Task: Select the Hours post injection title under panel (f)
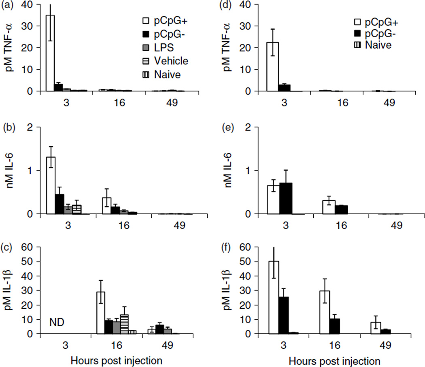coord(335,359)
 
